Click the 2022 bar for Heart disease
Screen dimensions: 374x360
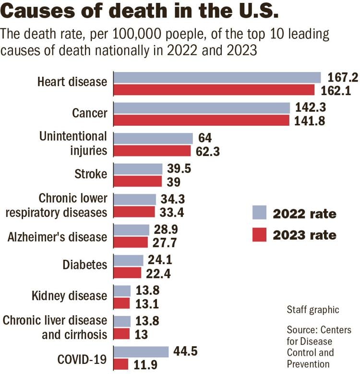point(217,77)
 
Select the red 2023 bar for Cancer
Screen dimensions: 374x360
point(202,120)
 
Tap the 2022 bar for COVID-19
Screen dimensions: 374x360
point(141,351)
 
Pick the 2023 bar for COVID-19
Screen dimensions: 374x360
point(121,364)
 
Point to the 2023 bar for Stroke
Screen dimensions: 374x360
point(138,181)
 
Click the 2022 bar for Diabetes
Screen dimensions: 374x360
point(128,260)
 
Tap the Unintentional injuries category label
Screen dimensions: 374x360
point(73,144)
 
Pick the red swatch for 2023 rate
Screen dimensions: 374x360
point(259,235)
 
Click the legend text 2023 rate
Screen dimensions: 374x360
point(304,235)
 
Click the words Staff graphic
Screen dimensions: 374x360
point(312,310)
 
